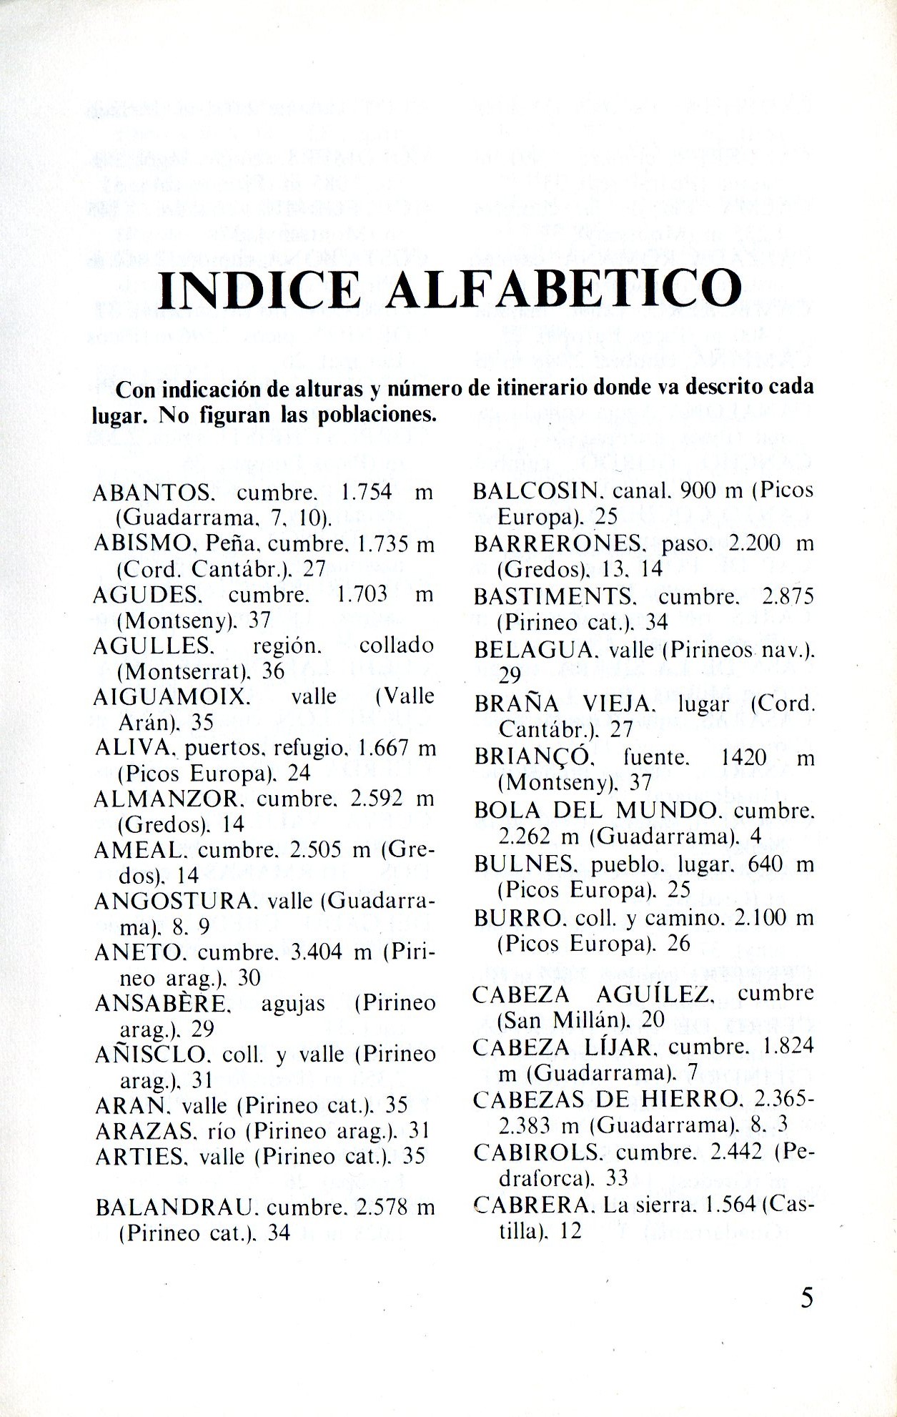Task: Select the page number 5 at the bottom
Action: pos(806,1297)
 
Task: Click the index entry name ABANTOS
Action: pos(152,493)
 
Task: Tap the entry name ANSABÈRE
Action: pos(162,1003)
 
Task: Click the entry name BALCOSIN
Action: pos(535,490)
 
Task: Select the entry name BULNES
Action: pos(525,864)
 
